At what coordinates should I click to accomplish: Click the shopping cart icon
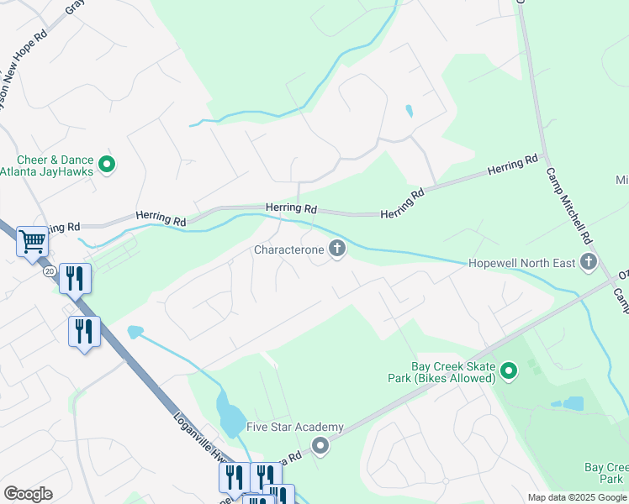32,242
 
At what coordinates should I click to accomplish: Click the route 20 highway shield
50,270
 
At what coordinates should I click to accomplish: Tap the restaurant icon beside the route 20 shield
76,278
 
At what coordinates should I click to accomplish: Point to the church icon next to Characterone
337,249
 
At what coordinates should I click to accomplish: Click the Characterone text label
289,249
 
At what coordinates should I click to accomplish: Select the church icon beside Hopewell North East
588,263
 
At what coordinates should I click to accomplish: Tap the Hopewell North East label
521,264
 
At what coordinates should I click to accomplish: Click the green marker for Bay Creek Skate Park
508,370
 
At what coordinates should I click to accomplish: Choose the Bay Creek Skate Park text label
452,372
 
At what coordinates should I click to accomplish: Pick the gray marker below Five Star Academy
320,446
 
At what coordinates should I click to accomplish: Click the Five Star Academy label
295,427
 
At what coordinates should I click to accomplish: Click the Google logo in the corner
29,494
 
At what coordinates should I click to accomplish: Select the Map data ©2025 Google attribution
577,497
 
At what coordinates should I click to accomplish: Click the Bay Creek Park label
605,473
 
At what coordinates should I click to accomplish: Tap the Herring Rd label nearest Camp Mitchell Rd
512,165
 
